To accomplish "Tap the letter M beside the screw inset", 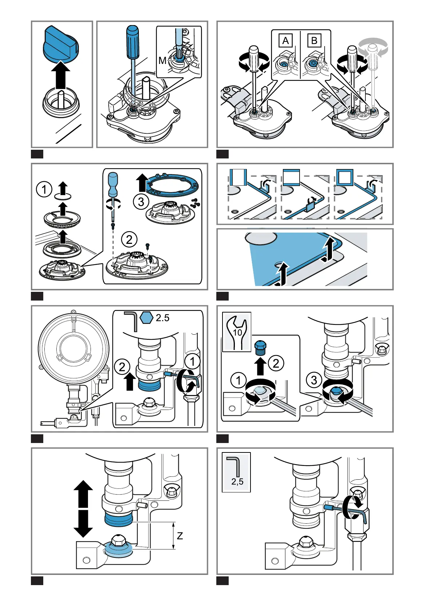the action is (x=163, y=60).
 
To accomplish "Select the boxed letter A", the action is (x=285, y=41).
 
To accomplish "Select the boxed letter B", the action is (x=314, y=41).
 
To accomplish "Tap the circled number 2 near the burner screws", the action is (x=129, y=239).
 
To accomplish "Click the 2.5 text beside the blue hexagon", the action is (x=163, y=318).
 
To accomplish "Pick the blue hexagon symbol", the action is (x=146, y=318).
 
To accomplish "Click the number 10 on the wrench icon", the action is (x=237, y=333).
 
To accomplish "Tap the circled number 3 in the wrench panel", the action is (x=314, y=380).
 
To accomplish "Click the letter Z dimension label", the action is (x=180, y=536).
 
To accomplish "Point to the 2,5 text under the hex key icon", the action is (x=237, y=481).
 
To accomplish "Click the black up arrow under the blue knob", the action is (x=61, y=75).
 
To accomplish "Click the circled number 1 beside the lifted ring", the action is (x=44, y=189).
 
